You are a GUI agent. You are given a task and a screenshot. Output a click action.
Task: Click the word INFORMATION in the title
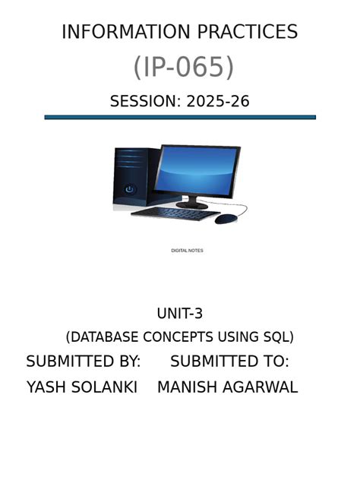click(x=126, y=32)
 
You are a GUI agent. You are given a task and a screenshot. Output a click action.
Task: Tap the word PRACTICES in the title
click(x=248, y=32)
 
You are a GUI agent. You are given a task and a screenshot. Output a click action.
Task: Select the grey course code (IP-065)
click(x=183, y=67)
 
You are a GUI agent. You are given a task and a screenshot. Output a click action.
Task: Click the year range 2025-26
click(x=218, y=101)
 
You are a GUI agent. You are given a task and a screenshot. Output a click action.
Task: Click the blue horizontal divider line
click(x=180, y=117)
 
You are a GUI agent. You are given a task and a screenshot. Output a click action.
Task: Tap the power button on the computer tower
click(x=129, y=189)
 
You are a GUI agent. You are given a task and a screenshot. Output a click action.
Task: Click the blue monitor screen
click(x=196, y=172)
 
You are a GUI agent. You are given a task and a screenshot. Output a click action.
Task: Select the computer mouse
click(x=226, y=219)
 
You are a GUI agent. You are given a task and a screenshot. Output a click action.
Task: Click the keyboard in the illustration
click(x=175, y=213)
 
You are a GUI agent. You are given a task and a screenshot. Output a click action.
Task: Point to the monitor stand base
click(x=192, y=205)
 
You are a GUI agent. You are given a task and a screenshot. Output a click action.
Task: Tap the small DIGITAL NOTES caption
click(x=187, y=251)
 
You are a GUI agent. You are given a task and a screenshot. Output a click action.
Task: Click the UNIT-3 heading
click(x=180, y=314)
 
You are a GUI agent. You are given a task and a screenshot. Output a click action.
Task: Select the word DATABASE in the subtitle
click(x=104, y=336)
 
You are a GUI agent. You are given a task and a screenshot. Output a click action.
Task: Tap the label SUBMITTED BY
click(x=84, y=362)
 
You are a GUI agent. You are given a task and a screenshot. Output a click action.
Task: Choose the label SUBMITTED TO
click(x=229, y=362)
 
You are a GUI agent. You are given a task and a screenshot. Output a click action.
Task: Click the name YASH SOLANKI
click(x=82, y=387)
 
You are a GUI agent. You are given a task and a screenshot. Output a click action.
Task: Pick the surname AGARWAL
click(x=261, y=387)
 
